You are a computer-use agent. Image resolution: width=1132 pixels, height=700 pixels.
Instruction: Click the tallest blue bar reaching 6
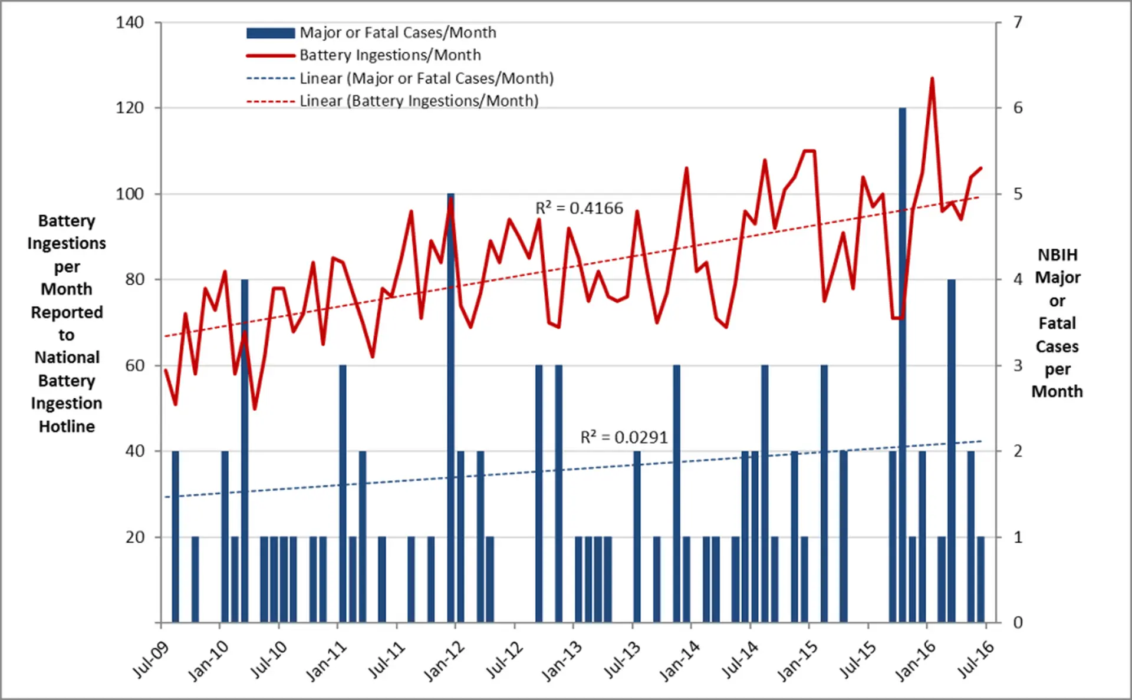click(x=902, y=354)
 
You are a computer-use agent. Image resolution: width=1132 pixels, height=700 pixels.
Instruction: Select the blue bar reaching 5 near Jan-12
click(x=450, y=412)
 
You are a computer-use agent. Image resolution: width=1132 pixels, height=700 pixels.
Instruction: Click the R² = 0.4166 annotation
click(x=579, y=208)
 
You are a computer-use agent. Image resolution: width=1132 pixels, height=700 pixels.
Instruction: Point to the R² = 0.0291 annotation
click(x=624, y=437)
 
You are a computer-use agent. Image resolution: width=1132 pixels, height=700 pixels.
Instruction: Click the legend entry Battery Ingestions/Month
click(x=390, y=55)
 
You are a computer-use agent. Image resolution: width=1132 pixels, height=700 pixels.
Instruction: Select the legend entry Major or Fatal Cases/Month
click(x=397, y=32)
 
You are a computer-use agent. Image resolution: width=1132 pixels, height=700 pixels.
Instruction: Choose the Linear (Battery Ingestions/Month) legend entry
click(x=419, y=101)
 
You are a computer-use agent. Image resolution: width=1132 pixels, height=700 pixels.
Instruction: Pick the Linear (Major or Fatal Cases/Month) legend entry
click(x=426, y=78)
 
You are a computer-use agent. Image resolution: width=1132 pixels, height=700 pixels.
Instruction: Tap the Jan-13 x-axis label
click(x=562, y=661)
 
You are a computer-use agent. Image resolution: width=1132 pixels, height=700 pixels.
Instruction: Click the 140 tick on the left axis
click(x=130, y=22)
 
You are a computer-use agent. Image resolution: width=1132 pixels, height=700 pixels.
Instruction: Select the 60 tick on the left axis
click(x=134, y=365)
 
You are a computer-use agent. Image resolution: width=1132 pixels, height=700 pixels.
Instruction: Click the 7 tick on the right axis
click(x=1018, y=22)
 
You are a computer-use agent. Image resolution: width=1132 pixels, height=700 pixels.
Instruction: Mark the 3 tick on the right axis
click(x=1018, y=365)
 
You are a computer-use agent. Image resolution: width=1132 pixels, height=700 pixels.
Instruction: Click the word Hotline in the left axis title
click(x=67, y=426)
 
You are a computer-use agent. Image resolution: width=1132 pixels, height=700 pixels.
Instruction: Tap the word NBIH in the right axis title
click(x=1057, y=255)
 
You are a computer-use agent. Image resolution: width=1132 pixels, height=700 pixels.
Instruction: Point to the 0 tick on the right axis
click(x=1018, y=622)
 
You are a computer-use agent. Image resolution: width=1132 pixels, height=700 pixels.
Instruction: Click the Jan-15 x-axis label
click(x=797, y=661)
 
